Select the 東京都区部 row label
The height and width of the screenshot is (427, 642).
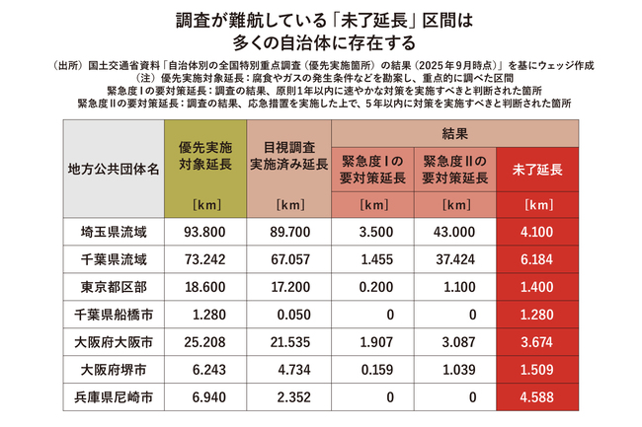pyautogui.click(x=112, y=287)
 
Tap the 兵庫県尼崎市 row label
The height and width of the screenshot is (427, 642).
pyautogui.click(x=112, y=398)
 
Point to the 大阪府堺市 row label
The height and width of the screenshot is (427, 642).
pyautogui.click(x=112, y=371)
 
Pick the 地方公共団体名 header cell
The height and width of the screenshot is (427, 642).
pyautogui.click(x=112, y=170)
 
